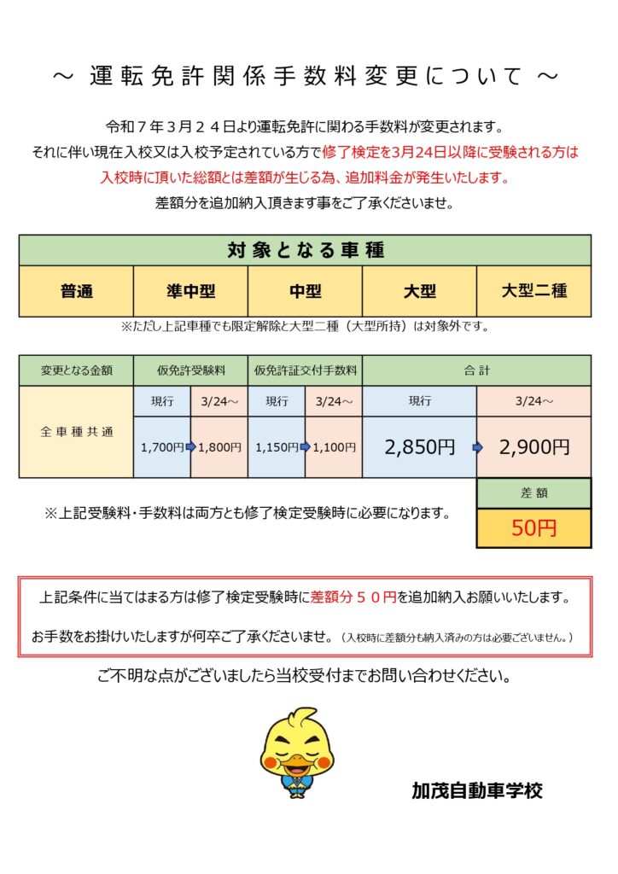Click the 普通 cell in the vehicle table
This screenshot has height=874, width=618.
(77, 291)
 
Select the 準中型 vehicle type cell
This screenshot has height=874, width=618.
(191, 291)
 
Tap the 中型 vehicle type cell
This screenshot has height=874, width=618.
(305, 291)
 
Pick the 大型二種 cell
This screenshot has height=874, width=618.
(533, 291)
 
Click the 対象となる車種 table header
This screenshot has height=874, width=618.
(305, 250)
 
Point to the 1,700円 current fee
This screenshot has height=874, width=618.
(161, 446)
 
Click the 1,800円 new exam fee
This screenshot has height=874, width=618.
(220, 446)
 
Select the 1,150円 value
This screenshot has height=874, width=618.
(276, 446)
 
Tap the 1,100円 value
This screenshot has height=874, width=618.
(335, 446)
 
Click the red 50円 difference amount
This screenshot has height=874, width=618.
(533, 528)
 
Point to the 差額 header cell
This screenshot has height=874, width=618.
(533, 493)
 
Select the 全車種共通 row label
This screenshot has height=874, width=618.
(77, 432)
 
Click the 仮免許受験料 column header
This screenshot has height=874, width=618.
(191, 370)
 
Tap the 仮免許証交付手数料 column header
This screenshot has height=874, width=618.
(305, 370)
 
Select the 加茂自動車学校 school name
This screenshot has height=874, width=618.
(476, 790)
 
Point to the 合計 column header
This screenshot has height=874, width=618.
(477, 370)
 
